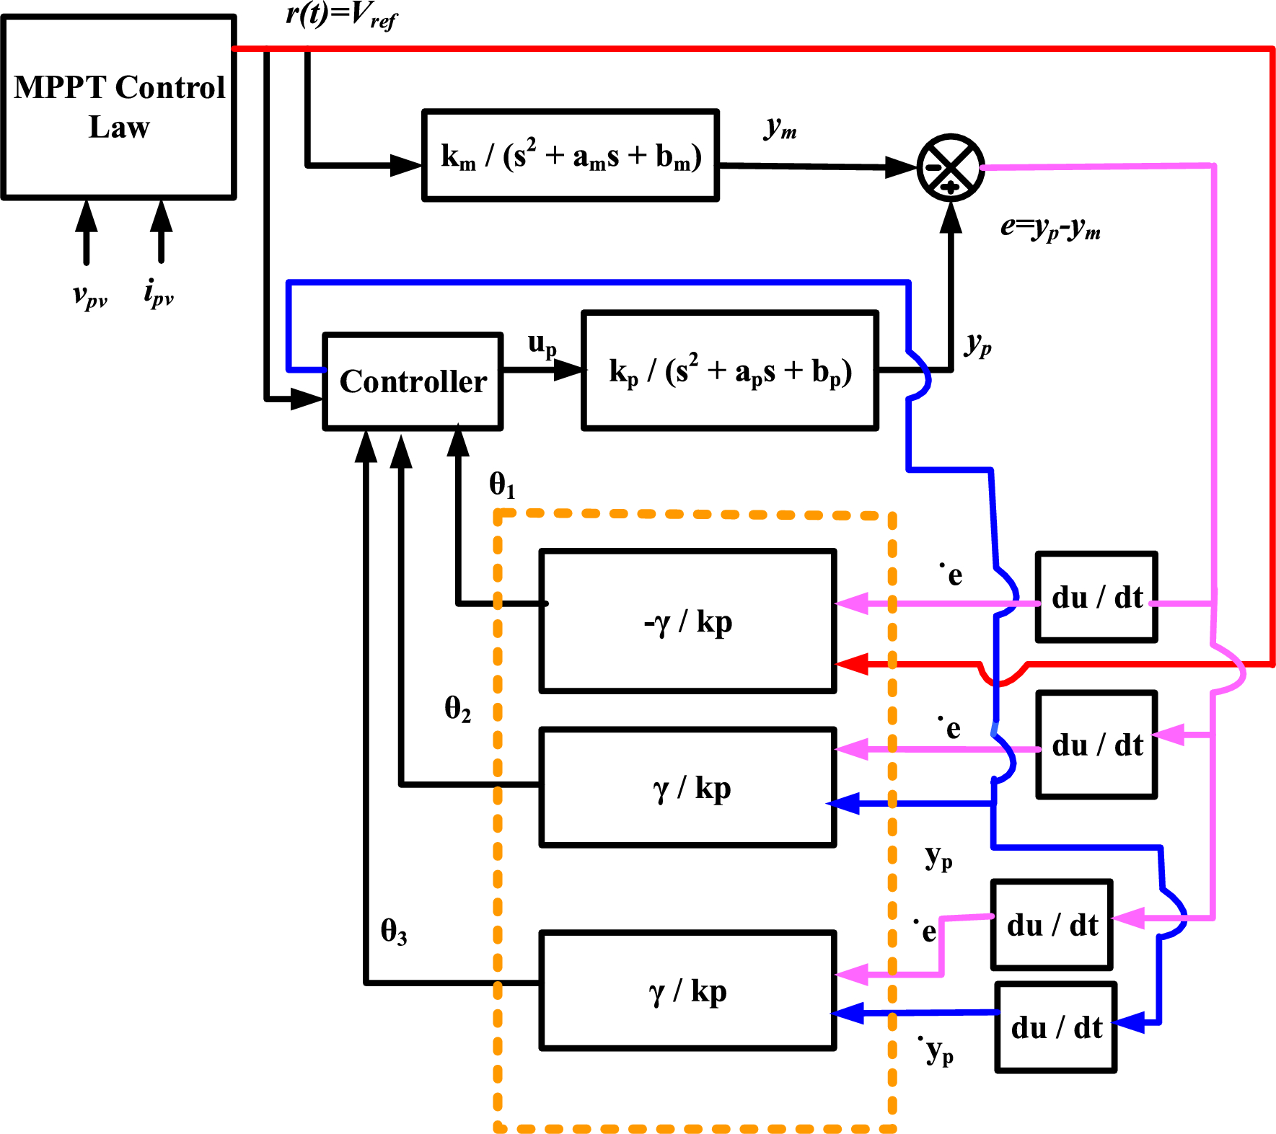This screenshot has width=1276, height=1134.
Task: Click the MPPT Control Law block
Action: [x=119, y=107]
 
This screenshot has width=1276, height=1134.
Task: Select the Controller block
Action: [x=413, y=381]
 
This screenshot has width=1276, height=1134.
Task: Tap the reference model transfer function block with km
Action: [x=570, y=156]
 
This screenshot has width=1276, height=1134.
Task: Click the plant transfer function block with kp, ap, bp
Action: [x=729, y=371]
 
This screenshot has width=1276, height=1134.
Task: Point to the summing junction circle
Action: [x=951, y=167]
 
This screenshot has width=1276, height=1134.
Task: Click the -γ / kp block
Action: [x=687, y=621]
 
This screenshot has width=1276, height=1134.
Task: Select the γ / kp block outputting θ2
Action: [x=687, y=787]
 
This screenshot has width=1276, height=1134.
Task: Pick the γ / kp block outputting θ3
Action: [x=687, y=991]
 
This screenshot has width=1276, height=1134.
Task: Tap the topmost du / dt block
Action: [x=1096, y=597]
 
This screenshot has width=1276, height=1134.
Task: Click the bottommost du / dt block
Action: [x=1055, y=1027]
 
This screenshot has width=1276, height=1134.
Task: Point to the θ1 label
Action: [x=502, y=484]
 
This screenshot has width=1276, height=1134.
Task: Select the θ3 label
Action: [x=394, y=931]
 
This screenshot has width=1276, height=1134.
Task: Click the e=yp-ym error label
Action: [x=1050, y=228]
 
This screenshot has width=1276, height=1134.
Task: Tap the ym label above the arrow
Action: [x=780, y=128]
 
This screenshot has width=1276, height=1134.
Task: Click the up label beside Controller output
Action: [x=542, y=345]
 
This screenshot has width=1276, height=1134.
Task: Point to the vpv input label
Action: [x=90, y=295]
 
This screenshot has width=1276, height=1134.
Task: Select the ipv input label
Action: [x=159, y=293]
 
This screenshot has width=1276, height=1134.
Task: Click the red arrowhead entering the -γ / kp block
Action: [x=851, y=664]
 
